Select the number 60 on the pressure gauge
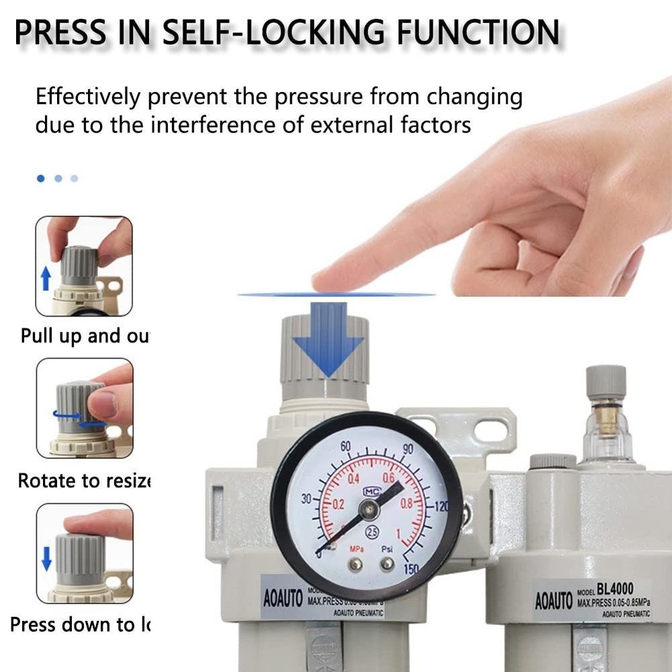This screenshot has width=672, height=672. pyautogui.click(x=347, y=447)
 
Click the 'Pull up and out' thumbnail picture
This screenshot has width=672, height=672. pyautogui.click(x=84, y=266)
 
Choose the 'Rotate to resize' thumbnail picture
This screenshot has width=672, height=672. pyautogui.click(x=84, y=408)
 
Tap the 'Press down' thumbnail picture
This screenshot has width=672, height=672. pyautogui.click(x=84, y=552)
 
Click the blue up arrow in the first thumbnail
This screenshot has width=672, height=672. pyautogui.click(x=46, y=277)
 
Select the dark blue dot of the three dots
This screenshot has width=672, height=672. pyautogui.click(x=41, y=178)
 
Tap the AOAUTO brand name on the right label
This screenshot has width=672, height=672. pyautogui.click(x=554, y=600)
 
